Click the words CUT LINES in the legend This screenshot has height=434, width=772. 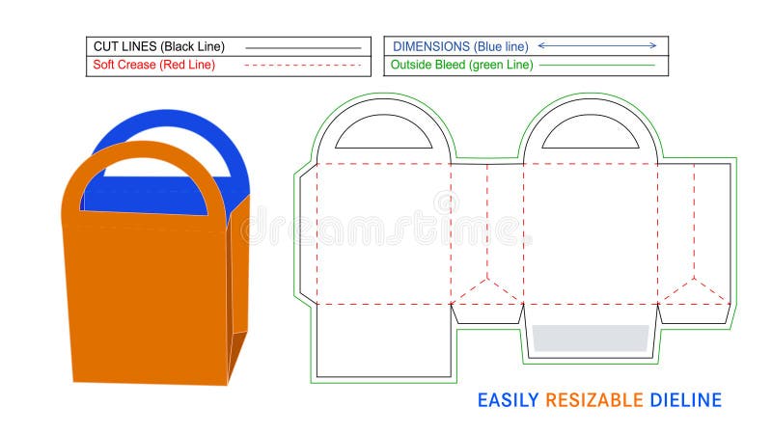124,46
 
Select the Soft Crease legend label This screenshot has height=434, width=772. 124,66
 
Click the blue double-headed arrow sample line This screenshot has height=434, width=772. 597,45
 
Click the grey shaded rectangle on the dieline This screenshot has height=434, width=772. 590,338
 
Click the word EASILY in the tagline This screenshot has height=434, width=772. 509,399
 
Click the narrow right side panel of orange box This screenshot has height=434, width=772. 238,289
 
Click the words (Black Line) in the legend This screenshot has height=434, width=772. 196,46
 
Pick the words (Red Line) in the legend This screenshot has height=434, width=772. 189,66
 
